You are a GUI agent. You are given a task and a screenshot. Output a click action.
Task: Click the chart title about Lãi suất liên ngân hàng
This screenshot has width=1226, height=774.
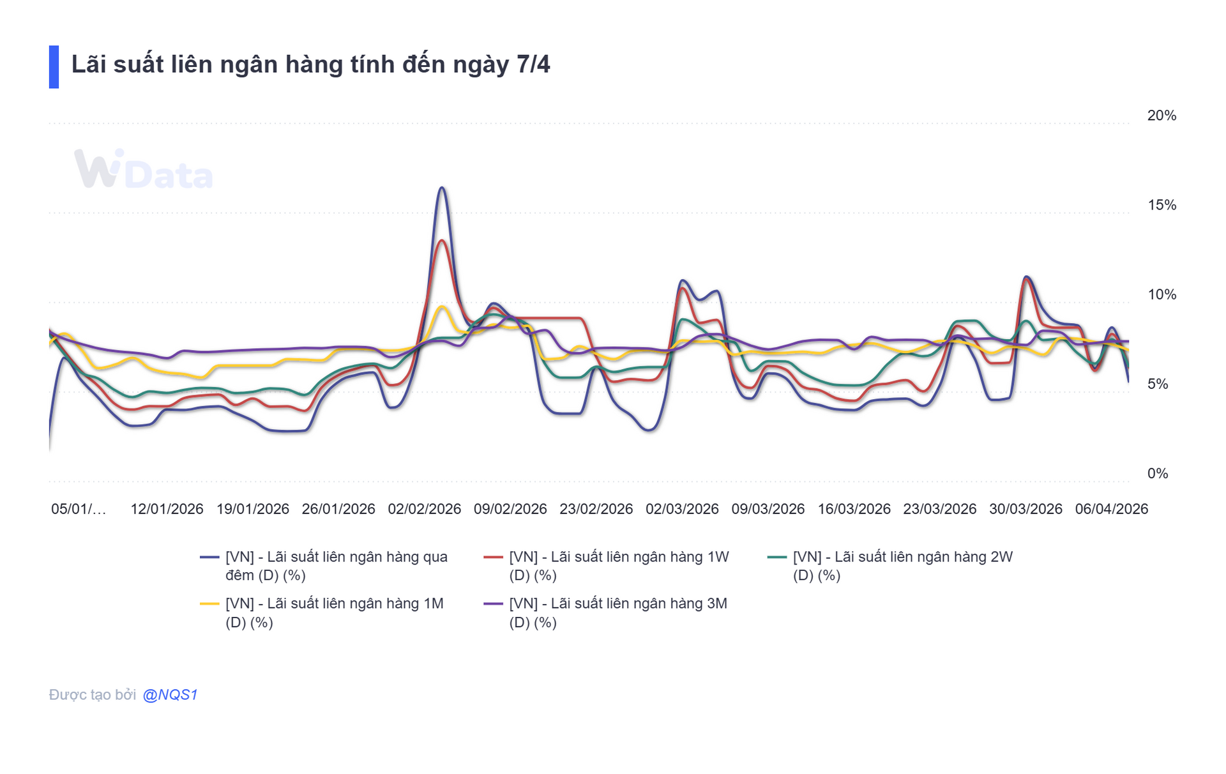[x=310, y=65]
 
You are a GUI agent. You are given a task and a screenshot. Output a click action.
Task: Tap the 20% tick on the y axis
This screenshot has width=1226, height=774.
[x=1161, y=116]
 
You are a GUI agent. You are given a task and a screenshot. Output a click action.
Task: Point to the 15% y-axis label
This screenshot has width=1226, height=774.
[x=1161, y=205]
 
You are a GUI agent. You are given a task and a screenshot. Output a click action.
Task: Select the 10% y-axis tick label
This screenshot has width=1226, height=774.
[x=1161, y=294]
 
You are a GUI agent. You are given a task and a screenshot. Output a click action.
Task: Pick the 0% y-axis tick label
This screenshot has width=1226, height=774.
[x=1157, y=473]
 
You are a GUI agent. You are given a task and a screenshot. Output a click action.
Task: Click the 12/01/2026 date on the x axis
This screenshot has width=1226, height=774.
[x=167, y=509]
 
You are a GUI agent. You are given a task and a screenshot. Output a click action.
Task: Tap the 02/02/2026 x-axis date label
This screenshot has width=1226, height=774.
[x=424, y=509]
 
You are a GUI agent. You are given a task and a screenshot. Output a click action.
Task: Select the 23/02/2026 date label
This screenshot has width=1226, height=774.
[x=596, y=509]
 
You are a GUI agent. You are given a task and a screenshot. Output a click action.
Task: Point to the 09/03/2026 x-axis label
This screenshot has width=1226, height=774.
[x=768, y=509]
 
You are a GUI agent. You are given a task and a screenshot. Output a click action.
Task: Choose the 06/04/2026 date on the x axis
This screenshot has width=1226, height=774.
[x=1111, y=509]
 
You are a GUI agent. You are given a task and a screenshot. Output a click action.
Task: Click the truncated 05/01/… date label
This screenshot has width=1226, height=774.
[x=79, y=509]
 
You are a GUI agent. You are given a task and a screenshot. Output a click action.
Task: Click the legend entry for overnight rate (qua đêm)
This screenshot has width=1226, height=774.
[x=336, y=566]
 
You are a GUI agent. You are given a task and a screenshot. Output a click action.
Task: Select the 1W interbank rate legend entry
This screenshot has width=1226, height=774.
[x=618, y=566]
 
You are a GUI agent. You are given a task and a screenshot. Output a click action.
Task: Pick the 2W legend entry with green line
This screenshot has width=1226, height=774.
[x=902, y=566]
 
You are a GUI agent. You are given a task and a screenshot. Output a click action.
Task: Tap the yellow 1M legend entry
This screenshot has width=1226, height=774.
[x=334, y=612]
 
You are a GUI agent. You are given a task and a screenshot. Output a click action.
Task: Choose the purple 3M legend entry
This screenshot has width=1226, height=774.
[x=617, y=612]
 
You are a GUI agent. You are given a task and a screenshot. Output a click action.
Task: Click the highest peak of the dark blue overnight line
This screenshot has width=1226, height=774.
[x=442, y=188]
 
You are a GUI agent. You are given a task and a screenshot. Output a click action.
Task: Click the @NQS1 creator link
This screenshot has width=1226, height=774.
[x=170, y=695]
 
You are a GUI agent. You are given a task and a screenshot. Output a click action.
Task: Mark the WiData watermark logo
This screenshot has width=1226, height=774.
[x=143, y=170]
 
